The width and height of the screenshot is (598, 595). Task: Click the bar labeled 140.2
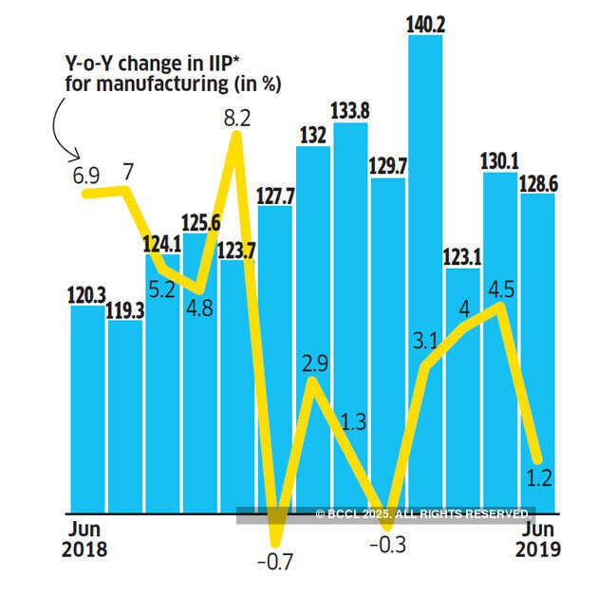point(425,190)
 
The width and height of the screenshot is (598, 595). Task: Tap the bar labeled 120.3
point(88,408)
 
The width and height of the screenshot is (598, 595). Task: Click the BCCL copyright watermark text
point(423,514)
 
